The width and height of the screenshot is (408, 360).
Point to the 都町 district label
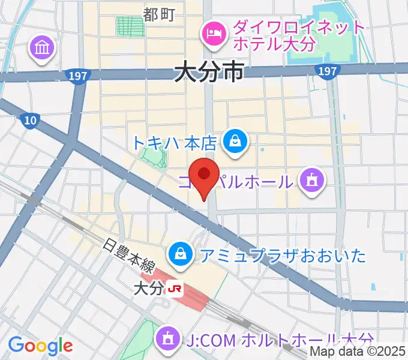158,14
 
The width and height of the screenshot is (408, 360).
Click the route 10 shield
29,121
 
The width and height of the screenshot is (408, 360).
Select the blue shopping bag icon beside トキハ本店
232,142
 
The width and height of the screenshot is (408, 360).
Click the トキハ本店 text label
174,143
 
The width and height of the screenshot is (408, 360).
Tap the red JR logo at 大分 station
176,289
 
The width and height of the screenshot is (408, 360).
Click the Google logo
40,345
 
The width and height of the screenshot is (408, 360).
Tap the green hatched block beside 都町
126,26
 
